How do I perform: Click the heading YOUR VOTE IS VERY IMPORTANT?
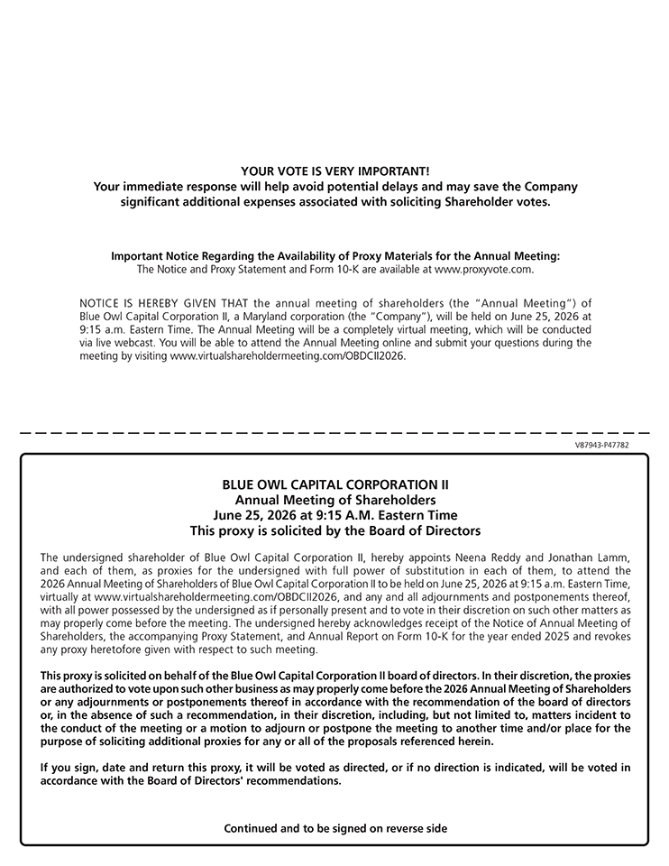tap(334, 170)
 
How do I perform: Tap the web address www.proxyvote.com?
tap(483, 269)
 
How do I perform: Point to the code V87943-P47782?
tap(601, 445)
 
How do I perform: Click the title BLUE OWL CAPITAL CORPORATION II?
tap(334, 484)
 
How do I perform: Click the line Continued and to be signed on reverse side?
tap(334, 828)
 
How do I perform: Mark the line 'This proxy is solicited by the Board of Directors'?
tap(334, 530)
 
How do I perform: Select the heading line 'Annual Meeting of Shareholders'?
tap(334, 500)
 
